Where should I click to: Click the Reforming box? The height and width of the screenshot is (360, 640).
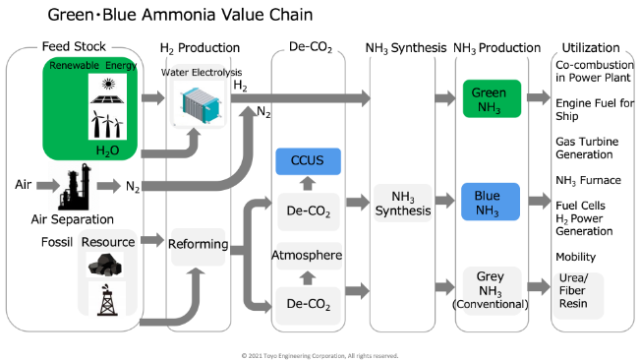pyautogui.click(x=200, y=244)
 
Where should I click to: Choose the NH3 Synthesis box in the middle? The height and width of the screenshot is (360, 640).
pyautogui.click(x=403, y=204)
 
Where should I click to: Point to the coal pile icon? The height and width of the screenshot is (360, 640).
pyautogui.click(x=104, y=263)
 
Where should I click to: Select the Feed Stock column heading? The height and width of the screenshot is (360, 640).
pyautogui.click(x=74, y=47)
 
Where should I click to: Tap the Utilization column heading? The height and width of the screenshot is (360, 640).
pyautogui.click(x=590, y=47)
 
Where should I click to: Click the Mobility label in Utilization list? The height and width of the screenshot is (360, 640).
pyautogui.click(x=576, y=258)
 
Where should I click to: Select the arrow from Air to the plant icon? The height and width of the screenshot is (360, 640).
pyautogui.click(x=43, y=185)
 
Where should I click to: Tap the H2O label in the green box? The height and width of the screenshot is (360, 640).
pyautogui.click(x=107, y=150)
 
